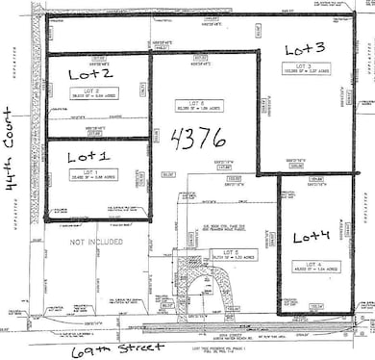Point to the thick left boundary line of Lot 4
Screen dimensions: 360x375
click(x=278, y=245)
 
